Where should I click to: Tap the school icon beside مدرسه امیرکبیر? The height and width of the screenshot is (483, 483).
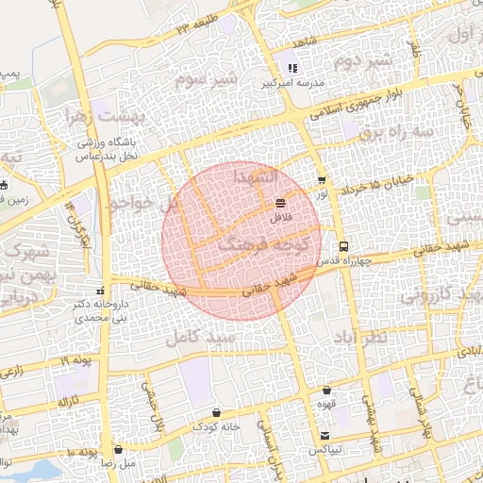coord(292,68)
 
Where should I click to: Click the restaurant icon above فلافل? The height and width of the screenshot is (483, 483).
coord(281,203)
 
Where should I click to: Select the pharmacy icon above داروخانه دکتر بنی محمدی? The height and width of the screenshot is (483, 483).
coord(101,290)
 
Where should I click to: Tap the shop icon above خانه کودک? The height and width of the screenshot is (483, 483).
coord(218,412)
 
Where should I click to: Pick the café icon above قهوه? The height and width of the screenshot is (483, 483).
coord(326,390)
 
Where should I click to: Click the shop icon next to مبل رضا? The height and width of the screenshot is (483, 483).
coord(118,450)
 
